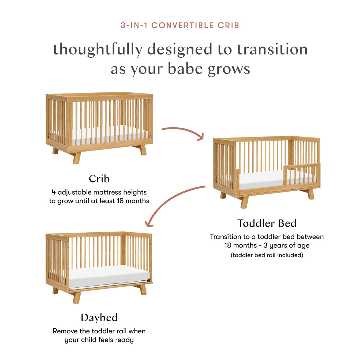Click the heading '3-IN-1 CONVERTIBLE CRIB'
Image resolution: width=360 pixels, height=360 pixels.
point(180,25)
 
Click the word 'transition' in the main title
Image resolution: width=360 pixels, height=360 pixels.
point(272,49)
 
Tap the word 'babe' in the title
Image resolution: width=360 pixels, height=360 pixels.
point(187,69)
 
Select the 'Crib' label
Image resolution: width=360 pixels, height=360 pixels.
point(99,179)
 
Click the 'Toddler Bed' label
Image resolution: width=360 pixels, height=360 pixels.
point(267,223)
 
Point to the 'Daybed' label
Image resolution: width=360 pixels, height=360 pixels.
point(99,317)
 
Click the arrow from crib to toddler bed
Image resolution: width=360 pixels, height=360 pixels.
point(183,132)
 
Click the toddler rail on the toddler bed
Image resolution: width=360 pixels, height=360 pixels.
point(301,168)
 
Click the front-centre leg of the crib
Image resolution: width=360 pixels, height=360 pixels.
point(76,158)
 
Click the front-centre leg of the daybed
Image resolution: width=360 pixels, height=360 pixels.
point(76,297)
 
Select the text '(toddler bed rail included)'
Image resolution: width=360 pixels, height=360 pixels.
point(267,255)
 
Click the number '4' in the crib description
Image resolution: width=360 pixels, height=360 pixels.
point(54,192)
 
